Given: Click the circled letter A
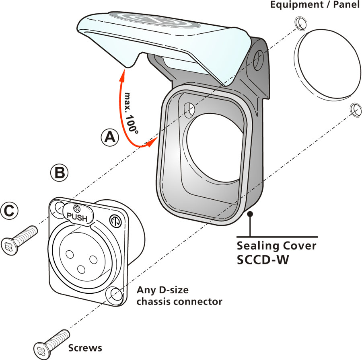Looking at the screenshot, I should [109, 137].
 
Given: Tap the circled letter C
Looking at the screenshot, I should [10, 210].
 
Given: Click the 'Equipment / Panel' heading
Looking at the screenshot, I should [315, 6].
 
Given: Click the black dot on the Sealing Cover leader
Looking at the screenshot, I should [250, 214].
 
